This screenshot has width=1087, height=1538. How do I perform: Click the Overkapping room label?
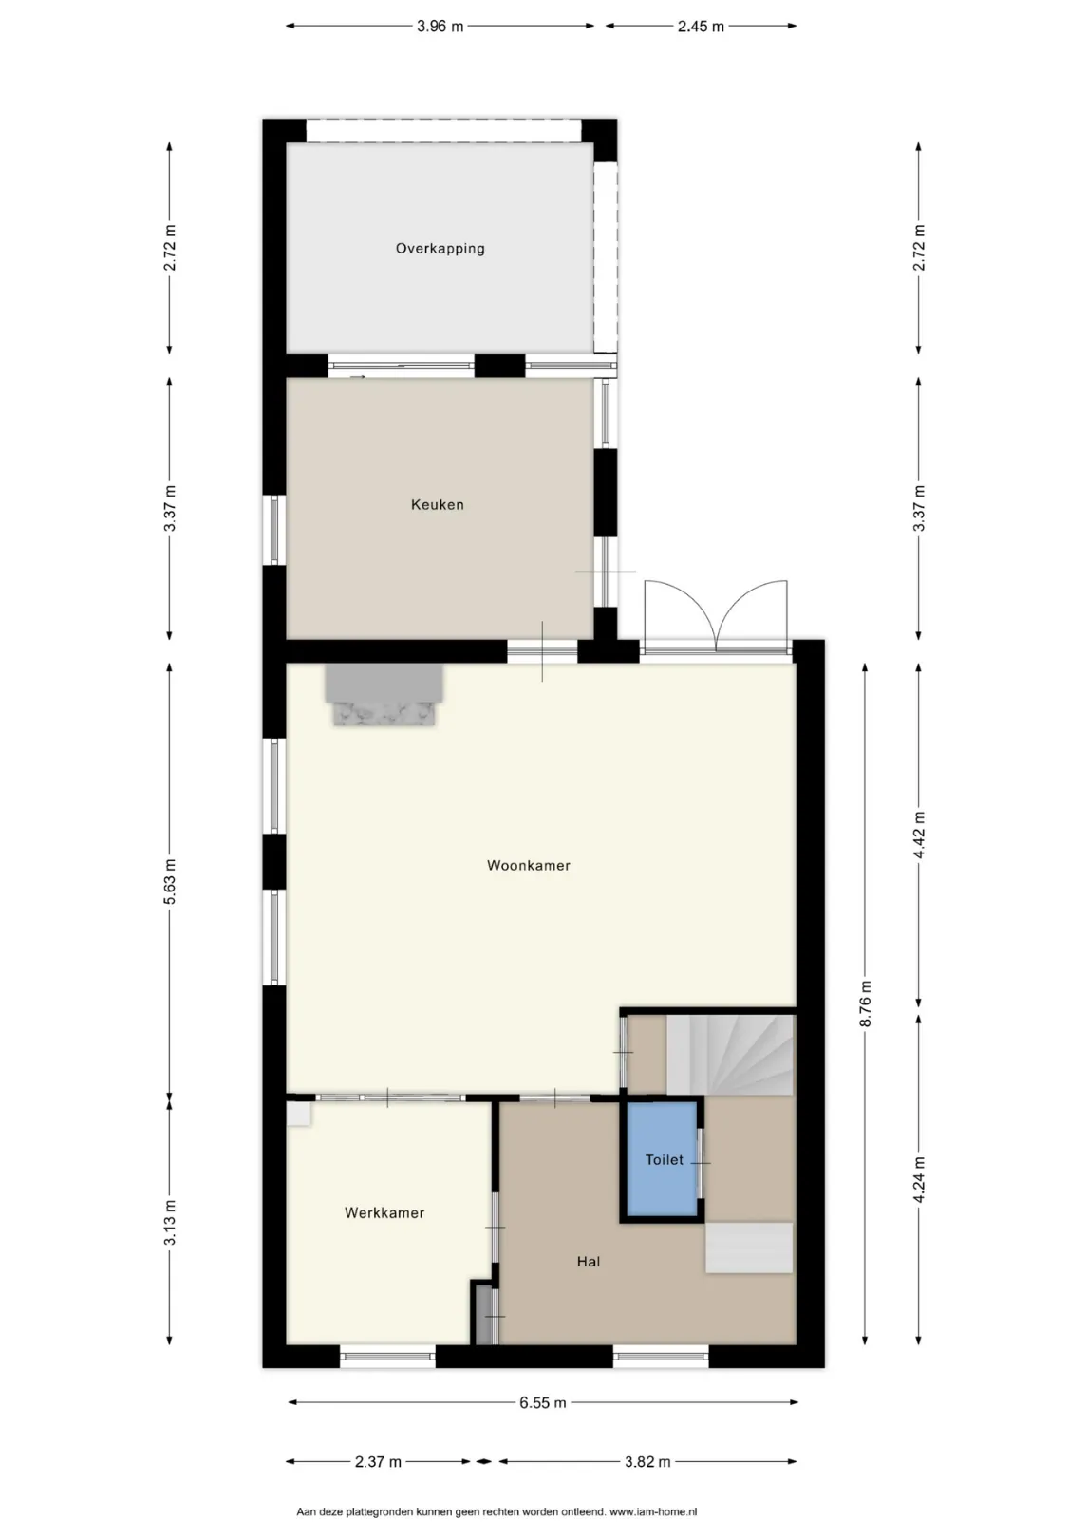click(x=440, y=249)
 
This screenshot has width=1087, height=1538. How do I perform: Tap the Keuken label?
click(x=438, y=505)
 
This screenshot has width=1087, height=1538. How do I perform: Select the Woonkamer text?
click(x=529, y=865)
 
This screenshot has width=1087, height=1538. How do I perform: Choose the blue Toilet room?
click(x=662, y=1160)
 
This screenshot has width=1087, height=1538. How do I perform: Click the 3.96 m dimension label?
click(x=440, y=26)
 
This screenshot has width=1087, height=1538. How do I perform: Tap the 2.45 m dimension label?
click(x=701, y=26)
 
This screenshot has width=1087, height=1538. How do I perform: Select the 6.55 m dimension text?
click(x=542, y=1403)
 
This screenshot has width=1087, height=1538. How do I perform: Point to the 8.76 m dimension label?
click(x=865, y=1003)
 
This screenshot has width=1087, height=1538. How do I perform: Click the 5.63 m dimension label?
click(x=170, y=881)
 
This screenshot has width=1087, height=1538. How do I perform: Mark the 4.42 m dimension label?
click(x=920, y=835)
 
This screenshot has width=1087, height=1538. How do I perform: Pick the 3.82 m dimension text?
click(x=647, y=1462)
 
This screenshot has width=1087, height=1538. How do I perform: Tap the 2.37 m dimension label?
click(x=378, y=1462)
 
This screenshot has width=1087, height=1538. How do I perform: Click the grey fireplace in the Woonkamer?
click(x=384, y=694)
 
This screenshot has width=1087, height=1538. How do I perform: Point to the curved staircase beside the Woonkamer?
click(x=730, y=1055)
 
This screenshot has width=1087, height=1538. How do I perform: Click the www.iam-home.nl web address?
click(x=653, y=1511)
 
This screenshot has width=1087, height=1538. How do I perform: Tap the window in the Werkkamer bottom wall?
click(x=388, y=1356)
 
